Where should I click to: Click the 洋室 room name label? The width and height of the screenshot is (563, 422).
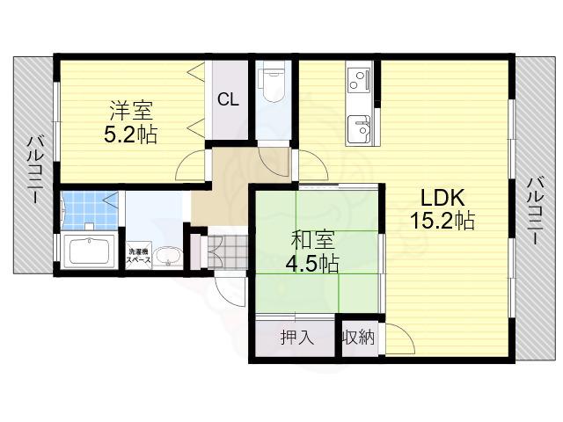(x=131, y=112)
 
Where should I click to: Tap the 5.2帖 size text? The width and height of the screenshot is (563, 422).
(x=131, y=136)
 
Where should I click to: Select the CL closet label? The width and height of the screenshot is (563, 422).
(x=228, y=99)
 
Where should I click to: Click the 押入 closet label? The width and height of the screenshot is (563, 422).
(x=295, y=336)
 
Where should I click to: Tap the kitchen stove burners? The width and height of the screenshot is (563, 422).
(x=359, y=82)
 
